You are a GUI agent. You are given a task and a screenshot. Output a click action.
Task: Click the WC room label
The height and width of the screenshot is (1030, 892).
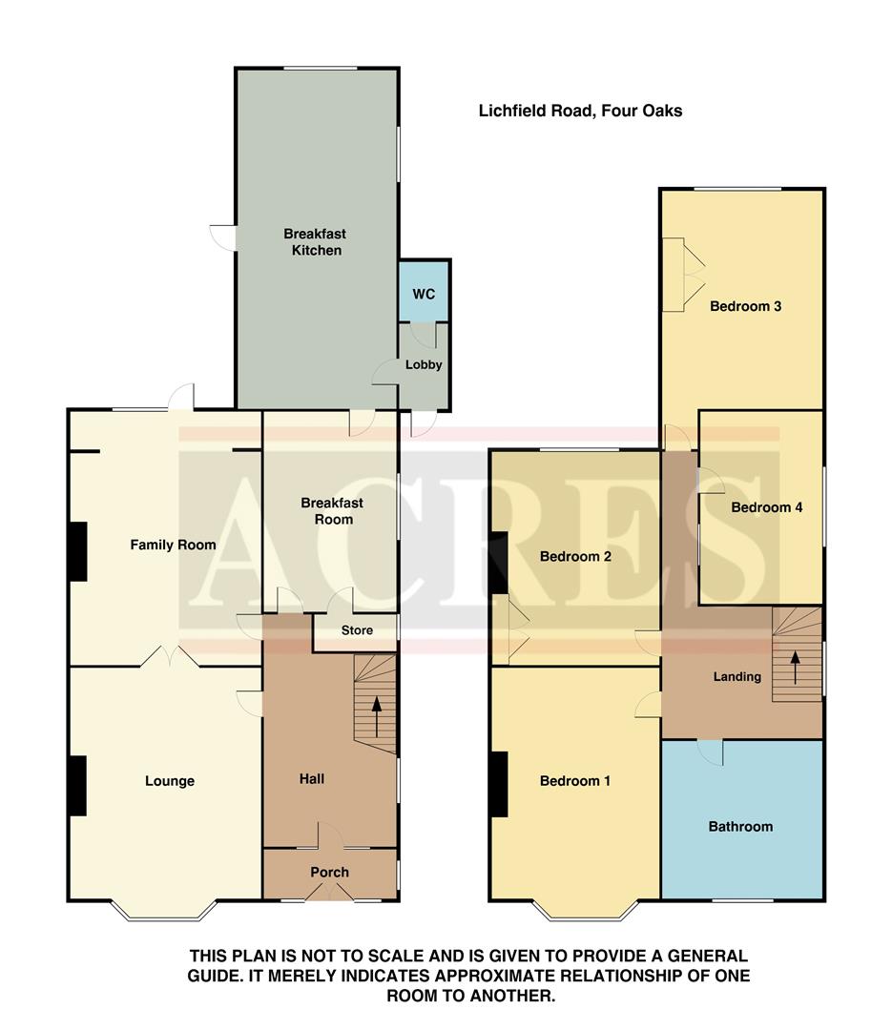point(424,294)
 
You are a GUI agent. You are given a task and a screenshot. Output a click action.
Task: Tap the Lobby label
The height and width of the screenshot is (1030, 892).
point(424,364)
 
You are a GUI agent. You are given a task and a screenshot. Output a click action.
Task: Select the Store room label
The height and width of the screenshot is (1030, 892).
point(357,630)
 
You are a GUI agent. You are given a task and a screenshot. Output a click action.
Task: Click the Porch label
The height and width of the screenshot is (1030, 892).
point(330,872)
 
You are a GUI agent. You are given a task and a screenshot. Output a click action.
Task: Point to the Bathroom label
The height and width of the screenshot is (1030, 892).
point(740,826)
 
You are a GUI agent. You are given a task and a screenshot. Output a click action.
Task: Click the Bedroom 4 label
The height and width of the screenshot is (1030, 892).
point(766,507)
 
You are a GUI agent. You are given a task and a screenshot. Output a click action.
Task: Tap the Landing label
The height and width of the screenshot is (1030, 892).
point(737,676)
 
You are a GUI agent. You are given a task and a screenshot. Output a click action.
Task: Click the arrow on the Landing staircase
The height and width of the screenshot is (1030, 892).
point(794,666)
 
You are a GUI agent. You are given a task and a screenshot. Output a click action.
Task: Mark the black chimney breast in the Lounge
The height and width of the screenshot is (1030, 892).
point(77,785)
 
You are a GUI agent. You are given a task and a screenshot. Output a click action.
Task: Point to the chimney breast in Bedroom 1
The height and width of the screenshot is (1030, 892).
point(499,784)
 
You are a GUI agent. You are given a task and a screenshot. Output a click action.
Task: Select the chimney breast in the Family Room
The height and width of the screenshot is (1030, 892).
point(77,551)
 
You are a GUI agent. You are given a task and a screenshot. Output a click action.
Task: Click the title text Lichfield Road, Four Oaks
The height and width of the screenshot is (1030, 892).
point(580,111)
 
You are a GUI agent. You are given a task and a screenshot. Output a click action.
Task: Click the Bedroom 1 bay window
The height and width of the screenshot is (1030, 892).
point(585,914)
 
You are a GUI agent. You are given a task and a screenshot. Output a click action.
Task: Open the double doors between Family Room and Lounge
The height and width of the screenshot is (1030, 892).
point(165,657)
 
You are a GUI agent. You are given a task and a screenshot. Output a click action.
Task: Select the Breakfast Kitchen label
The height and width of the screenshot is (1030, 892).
point(314,242)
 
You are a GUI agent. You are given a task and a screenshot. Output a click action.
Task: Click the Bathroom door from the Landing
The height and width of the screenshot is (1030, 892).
point(710,752)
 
